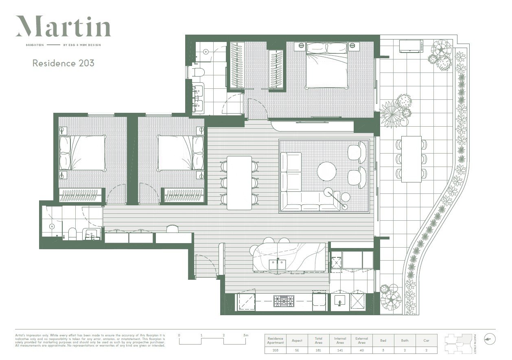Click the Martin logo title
pos(63,27)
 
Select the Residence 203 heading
pos(63,63)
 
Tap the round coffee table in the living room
pos(327,171)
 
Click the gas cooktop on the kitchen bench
pos(281,301)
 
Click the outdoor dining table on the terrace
pos(411,159)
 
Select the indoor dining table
pos(239,182)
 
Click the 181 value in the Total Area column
pos(318,350)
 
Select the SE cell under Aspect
pos(297,350)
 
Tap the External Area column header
pos(361,340)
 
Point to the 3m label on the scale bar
pos(245,335)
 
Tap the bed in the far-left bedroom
pos(83,153)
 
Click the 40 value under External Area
pos(361,350)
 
